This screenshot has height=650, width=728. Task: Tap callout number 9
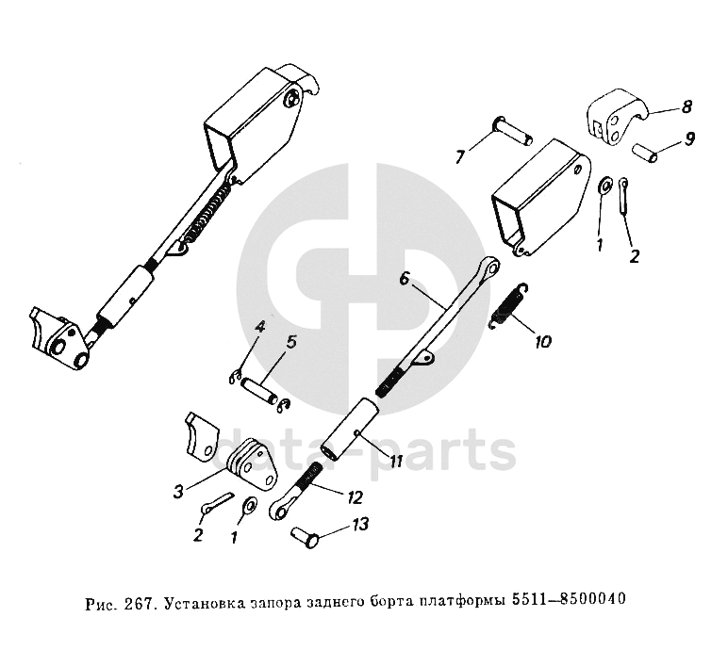pos(689,139)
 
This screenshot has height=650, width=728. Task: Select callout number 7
pos(460,156)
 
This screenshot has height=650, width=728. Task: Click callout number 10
pos(543,340)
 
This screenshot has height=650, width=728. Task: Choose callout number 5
pos(290,342)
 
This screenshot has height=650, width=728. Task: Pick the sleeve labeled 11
pos(350,429)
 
